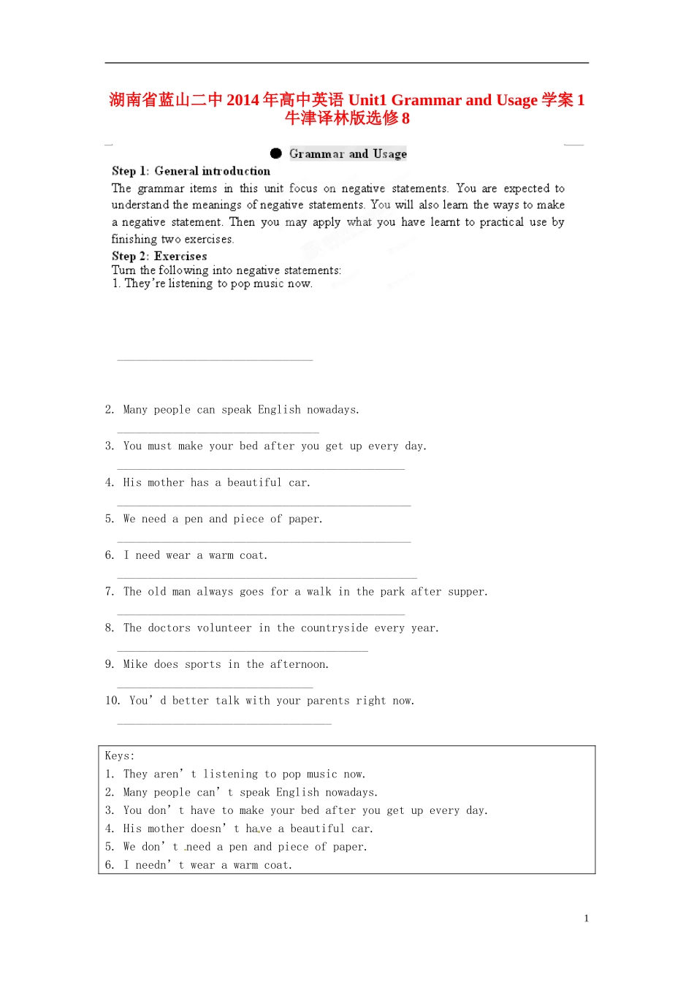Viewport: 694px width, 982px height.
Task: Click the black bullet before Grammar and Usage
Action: coord(275,153)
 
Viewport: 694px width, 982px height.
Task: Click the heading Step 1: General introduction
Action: coord(191,171)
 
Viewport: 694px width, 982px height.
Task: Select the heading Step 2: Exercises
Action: coord(159,256)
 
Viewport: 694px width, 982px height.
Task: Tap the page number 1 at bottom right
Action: coord(586,918)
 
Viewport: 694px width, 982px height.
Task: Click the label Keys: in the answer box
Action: coord(119,756)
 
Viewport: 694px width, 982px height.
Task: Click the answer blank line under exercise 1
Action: coord(215,359)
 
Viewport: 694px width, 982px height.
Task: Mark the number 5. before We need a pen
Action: coord(110,519)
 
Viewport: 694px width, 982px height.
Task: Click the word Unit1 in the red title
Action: coord(367,100)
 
